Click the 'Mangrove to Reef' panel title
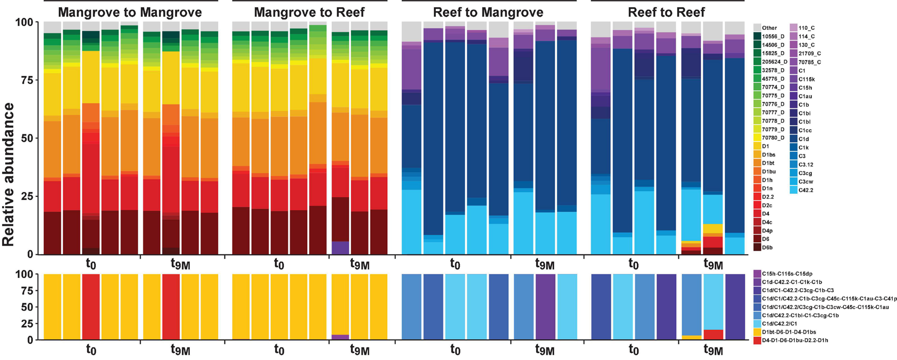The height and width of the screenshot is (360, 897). tap(309, 12)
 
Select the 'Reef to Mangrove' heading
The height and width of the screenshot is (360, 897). tap(488, 12)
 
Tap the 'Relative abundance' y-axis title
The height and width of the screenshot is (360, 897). tap(8, 174)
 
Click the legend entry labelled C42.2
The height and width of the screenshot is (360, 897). tap(805, 190)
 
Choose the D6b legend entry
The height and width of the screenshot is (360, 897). tap(767, 248)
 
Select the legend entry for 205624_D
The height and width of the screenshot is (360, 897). tap(771, 62)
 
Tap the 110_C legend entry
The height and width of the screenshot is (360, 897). tap(806, 28)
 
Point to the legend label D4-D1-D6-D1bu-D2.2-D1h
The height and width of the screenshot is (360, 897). tap(795, 340)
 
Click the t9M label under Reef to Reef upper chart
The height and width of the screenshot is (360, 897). tap(713, 264)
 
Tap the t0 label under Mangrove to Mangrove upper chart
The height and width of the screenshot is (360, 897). tap(91, 264)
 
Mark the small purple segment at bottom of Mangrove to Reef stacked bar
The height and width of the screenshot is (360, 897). tap(340, 248)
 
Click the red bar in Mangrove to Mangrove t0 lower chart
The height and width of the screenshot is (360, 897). tap(91, 306)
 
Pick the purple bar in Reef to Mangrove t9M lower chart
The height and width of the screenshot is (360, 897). tap(545, 306)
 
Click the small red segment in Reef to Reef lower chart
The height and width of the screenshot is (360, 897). tap(713, 335)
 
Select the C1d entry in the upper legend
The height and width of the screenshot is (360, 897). tap(803, 139)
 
